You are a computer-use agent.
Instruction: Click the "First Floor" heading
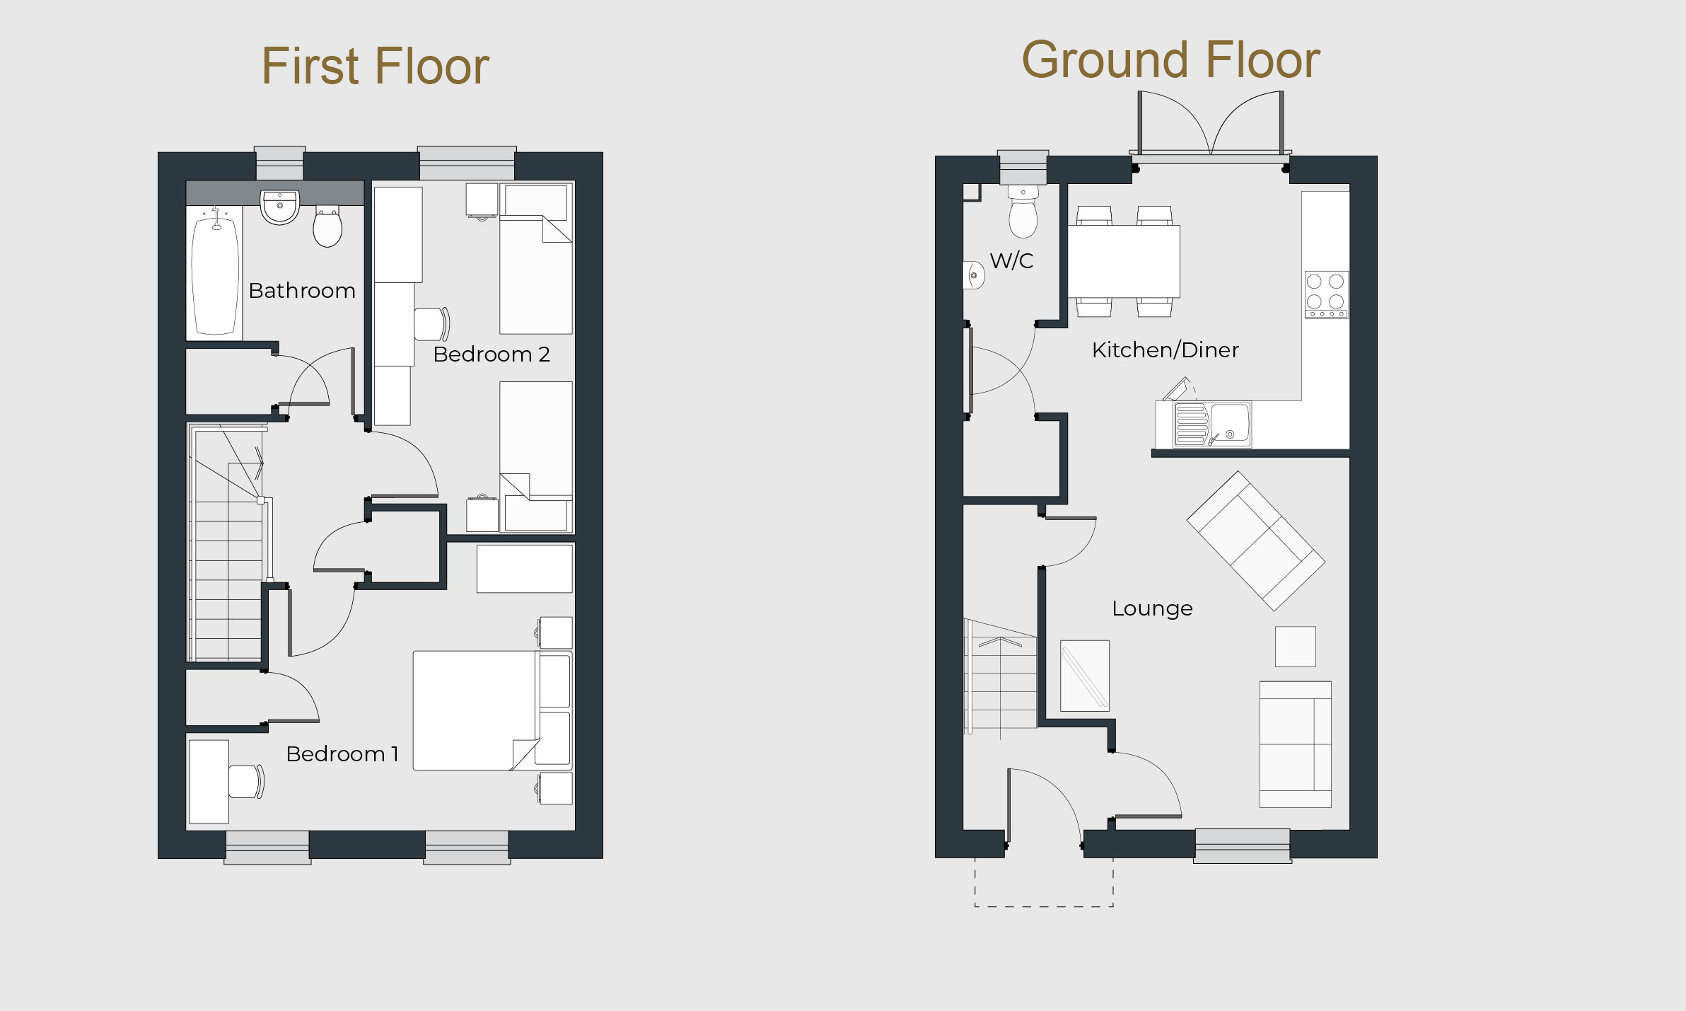pyautogui.click(x=375, y=66)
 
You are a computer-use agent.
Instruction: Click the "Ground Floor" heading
pyautogui.click(x=1170, y=59)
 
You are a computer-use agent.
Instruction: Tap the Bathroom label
pyautogui.click(x=302, y=290)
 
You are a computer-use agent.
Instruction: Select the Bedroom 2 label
pyautogui.click(x=492, y=354)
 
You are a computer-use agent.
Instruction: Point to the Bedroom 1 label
pyautogui.click(x=342, y=754)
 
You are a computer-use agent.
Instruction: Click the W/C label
pyautogui.click(x=1011, y=260)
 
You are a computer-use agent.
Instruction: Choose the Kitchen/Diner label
pyautogui.click(x=1165, y=349)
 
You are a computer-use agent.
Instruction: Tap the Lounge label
pyautogui.click(x=1152, y=608)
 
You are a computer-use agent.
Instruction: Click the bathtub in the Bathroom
pyautogui.click(x=215, y=275)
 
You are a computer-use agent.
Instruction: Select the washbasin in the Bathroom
pyautogui.click(x=280, y=207)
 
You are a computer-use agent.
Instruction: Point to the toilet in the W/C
pyautogui.click(x=1023, y=212)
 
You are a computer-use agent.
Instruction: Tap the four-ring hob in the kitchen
pyautogui.click(x=1326, y=294)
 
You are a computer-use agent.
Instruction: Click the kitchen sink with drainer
pyautogui.click(x=1212, y=424)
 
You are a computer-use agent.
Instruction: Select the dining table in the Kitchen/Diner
pyautogui.click(x=1124, y=261)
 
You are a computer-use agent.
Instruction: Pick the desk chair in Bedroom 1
pyautogui.click(x=246, y=782)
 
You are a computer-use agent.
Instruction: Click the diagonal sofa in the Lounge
pyautogui.click(x=1256, y=541)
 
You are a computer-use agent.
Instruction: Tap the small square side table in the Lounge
pyautogui.click(x=1296, y=647)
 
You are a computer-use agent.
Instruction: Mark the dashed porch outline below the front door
pyautogui.click(x=1044, y=906)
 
